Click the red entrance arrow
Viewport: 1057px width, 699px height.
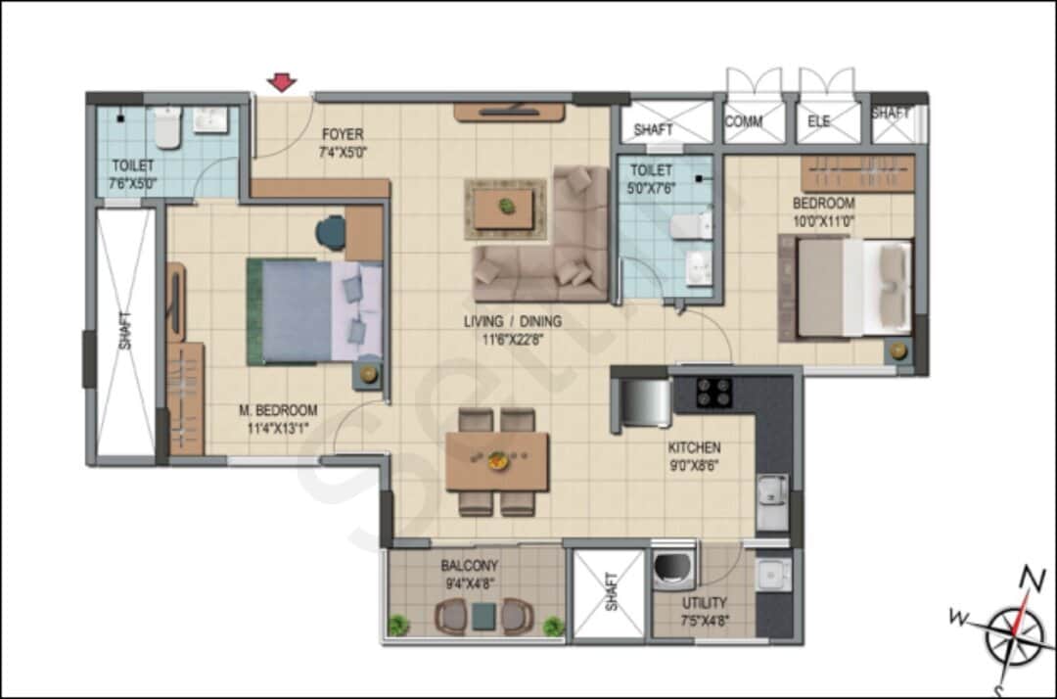(x=282, y=82)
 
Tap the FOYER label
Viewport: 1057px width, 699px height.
(x=342, y=134)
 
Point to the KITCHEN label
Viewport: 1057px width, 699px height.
(x=695, y=447)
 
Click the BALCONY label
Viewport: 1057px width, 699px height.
(x=469, y=565)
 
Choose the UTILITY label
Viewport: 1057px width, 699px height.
(x=705, y=603)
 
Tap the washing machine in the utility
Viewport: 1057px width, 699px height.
(x=672, y=568)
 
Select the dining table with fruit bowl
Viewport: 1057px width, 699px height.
(x=496, y=461)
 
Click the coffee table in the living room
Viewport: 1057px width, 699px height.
(x=505, y=209)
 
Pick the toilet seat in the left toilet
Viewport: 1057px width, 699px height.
(x=168, y=128)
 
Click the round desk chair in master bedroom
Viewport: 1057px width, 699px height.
(x=331, y=232)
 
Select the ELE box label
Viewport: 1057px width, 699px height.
(x=819, y=122)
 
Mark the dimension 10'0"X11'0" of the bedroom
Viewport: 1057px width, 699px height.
(x=823, y=220)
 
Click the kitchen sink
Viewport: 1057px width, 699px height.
(x=771, y=489)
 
